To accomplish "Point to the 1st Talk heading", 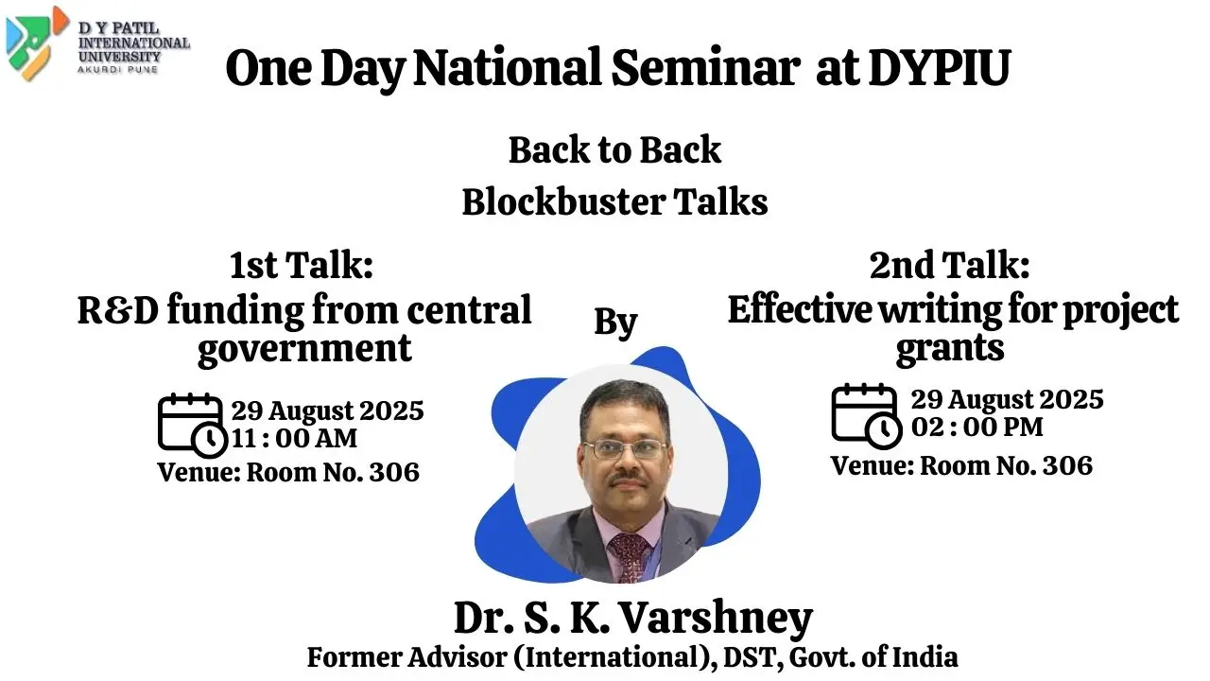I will point(302,266).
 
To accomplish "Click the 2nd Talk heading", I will point(949,266).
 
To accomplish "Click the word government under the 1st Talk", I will point(304,348).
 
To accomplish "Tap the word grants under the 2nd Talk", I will point(949,348).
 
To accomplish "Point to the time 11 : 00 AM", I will point(295,439).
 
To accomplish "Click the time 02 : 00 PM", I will point(977,427).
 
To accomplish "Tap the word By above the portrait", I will point(615,323).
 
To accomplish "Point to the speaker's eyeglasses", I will point(624,449).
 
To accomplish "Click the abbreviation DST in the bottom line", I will point(750,656).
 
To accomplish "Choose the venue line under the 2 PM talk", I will point(961,465).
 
